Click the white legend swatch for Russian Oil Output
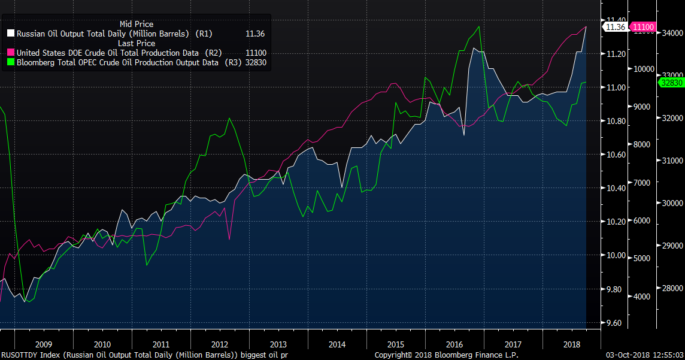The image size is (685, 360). [11, 34]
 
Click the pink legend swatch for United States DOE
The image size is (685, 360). [11, 53]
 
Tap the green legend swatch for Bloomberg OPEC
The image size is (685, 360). [11, 62]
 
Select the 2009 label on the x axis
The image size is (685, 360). [44, 344]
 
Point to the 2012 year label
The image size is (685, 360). [220, 344]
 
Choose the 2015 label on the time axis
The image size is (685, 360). [396, 344]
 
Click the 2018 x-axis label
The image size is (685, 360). [572, 344]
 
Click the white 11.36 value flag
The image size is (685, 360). [616, 27]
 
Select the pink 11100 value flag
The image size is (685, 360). [644, 27]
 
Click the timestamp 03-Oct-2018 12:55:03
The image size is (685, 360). [644, 355]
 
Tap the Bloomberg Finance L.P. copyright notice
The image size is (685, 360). [447, 355]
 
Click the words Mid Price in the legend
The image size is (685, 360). [137, 24]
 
